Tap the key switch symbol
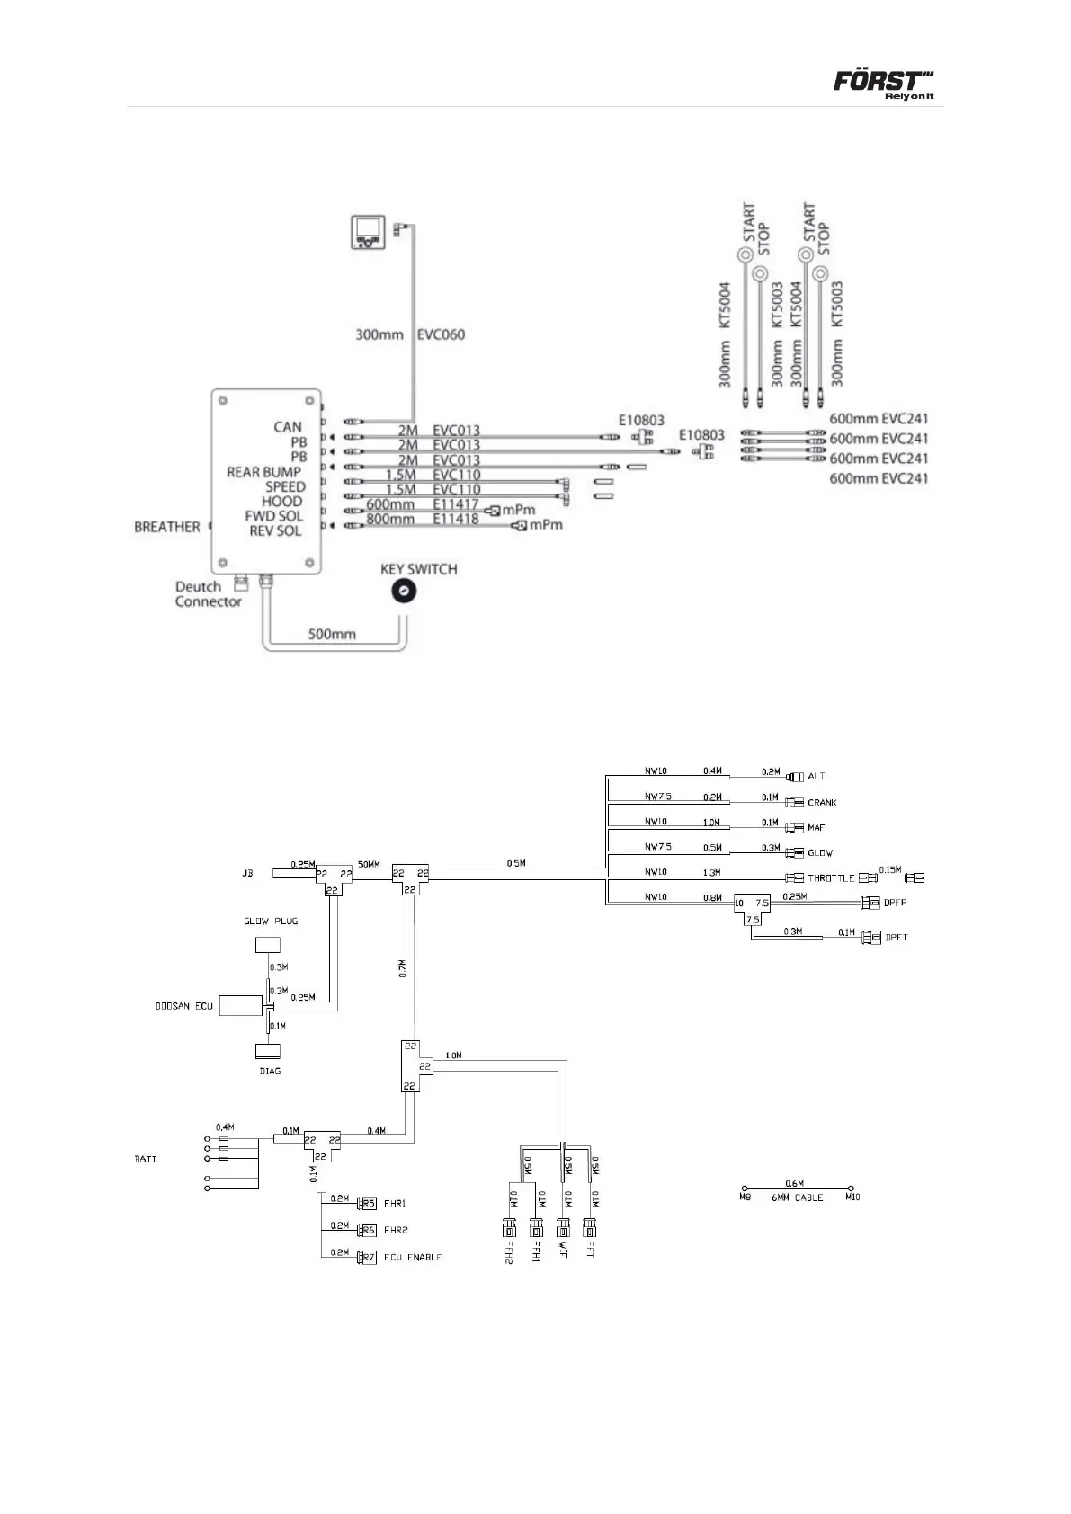click(x=404, y=591)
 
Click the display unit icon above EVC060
click(x=368, y=232)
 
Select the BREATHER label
click(x=166, y=527)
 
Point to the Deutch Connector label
click(x=208, y=594)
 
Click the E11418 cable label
click(x=456, y=519)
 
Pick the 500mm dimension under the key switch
click(x=332, y=634)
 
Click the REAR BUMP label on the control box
click(x=263, y=472)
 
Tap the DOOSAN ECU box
click(x=240, y=1005)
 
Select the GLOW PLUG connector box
click(x=268, y=944)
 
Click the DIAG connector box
click(x=268, y=1050)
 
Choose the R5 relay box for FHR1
click(x=367, y=1203)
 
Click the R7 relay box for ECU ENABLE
click(x=367, y=1257)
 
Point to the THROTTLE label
click(x=831, y=878)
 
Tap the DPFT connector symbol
click(x=870, y=937)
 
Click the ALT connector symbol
click(x=794, y=776)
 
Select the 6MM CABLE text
click(x=797, y=1198)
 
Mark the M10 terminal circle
click(x=851, y=1188)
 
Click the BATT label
click(x=146, y=1159)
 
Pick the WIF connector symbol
click(x=563, y=1227)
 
